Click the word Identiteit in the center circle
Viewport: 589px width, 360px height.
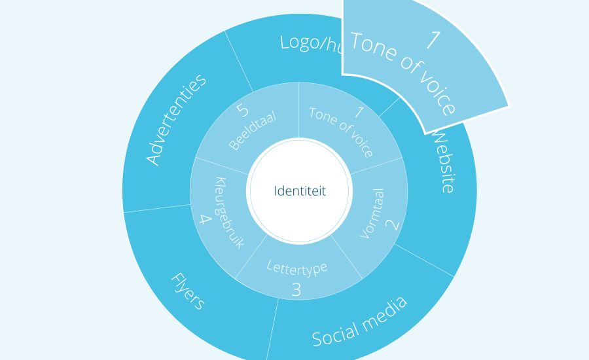pos(299,192)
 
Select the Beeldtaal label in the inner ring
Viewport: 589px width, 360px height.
pos(253,131)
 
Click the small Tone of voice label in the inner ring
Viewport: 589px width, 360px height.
pos(341,132)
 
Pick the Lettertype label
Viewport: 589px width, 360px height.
pos(296,266)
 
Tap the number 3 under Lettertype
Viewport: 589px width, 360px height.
pos(296,289)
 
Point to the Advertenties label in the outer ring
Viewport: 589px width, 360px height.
pos(175,119)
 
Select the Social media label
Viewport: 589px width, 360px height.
pos(359,320)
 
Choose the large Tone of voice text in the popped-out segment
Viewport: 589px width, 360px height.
pos(402,72)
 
